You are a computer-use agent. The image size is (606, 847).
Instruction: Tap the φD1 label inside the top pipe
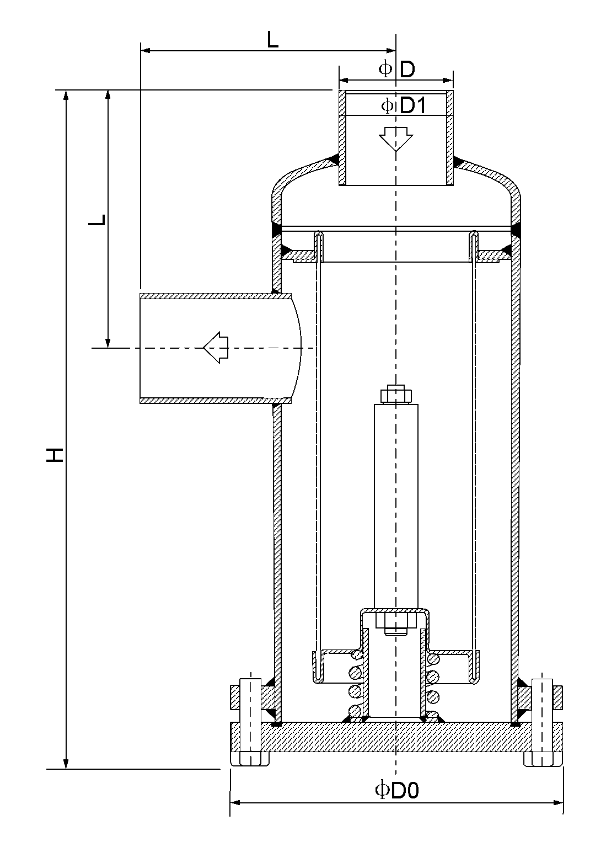[404, 105]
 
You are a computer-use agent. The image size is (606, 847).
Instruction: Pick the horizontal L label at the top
[272, 40]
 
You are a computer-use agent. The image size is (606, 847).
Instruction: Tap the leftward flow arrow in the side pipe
[216, 348]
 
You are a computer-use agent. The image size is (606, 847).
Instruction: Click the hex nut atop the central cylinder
[396, 395]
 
